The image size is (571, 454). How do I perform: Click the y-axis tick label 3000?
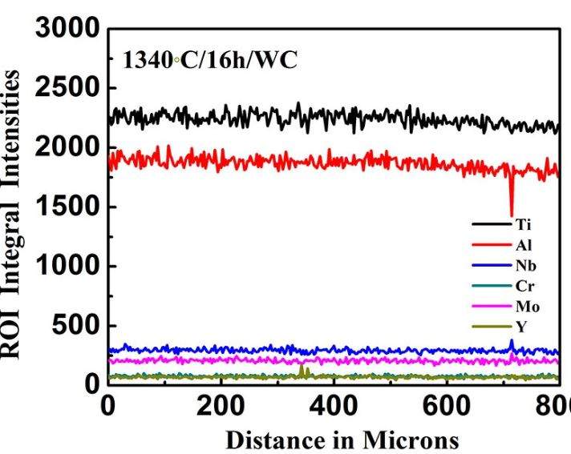pos(67,29)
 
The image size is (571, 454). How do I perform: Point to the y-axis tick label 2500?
pos(67,88)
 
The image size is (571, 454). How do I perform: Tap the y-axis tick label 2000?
pos(67,147)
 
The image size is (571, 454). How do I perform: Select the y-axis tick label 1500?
pos(67,207)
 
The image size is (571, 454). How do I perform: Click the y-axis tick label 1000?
pos(67,266)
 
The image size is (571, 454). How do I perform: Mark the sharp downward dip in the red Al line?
pos(511,210)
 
